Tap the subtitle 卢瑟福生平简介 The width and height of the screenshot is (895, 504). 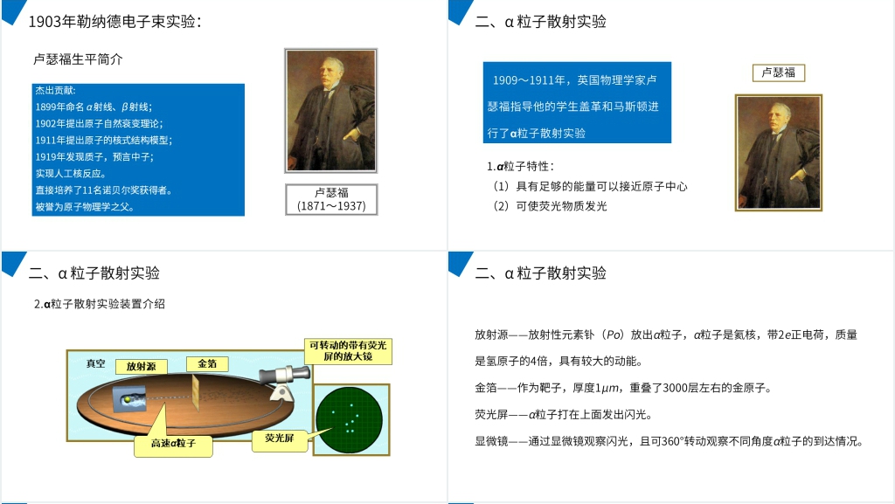(x=78, y=59)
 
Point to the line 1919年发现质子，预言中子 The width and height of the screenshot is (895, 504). (x=94, y=156)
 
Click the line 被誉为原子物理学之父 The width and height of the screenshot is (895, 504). (x=85, y=207)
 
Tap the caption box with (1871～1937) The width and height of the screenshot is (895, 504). (x=331, y=200)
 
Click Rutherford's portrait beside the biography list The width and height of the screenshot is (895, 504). (x=330, y=110)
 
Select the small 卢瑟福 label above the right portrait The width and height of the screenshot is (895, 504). (x=778, y=72)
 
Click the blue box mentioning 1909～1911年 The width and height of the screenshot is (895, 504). (x=576, y=102)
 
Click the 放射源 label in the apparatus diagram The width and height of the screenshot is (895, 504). (x=141, y=367)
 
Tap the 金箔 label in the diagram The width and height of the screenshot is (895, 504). (x=207, y=363)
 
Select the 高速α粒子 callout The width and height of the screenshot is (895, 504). (x=173, y=444)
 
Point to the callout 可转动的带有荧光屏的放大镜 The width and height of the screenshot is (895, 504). (x=347, y=351)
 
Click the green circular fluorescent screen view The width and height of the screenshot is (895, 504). (x=351, y=418)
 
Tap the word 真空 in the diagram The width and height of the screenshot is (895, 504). (x=95, y=363)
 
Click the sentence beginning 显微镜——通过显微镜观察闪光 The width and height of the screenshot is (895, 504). (x=669, y=441)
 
